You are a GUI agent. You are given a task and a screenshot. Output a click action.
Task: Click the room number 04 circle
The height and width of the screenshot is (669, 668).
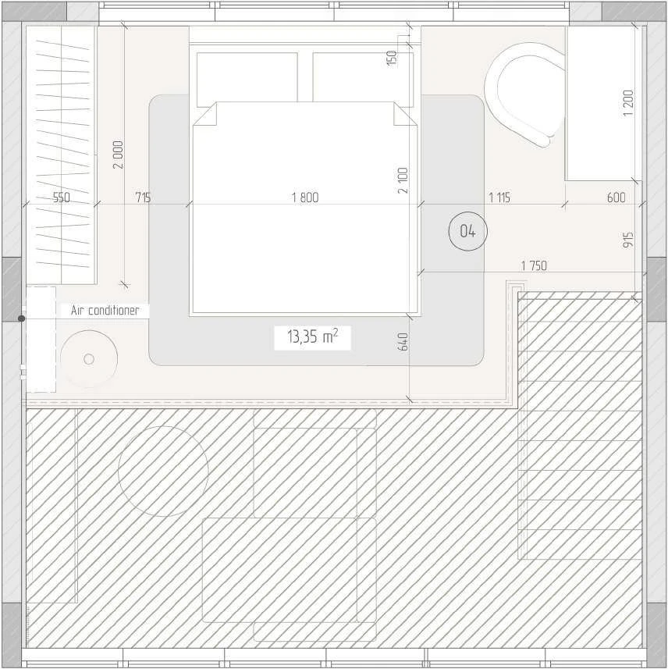(x=468, y=231)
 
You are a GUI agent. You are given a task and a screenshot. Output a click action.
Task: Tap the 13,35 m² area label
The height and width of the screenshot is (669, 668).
(x=313, y=336)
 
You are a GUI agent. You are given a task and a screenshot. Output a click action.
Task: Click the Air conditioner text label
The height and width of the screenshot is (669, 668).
(x=105, y=310)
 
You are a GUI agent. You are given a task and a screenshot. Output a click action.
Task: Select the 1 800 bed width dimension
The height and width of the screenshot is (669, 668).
(x=305, y=197)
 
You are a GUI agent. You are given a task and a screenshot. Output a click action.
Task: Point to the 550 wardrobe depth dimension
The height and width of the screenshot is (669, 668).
(x=62, y=197)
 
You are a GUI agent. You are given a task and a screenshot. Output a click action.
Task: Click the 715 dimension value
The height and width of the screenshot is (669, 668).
(x=143, y=197)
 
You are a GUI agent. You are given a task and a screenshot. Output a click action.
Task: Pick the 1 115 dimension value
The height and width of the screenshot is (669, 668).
(x=499, y=197)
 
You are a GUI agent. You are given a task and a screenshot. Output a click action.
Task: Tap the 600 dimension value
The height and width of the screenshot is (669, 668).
(x=616, y=197)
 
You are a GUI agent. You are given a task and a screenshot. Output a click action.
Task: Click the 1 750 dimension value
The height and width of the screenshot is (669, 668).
(x=534, y=266)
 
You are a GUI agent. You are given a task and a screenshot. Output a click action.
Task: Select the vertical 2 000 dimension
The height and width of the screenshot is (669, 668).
(x=118, y=155)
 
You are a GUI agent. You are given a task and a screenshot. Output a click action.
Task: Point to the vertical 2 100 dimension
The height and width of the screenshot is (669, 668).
(x=403, y=180)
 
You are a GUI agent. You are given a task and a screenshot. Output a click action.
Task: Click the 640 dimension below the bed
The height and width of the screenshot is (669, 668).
(x=403, y=341)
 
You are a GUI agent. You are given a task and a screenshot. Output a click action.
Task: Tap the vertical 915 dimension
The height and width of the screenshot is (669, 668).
(x=628, y=240)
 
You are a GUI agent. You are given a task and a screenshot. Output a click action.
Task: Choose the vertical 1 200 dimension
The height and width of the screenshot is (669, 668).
(x=628, y=103)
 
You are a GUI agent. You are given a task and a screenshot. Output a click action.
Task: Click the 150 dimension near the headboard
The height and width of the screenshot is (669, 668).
(x=391, y=58)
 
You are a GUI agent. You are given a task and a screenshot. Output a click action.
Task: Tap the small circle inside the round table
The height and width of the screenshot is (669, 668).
(x=89, y=359)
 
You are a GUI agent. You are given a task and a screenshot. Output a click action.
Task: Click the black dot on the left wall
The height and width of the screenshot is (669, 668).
(x=21, y=318)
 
